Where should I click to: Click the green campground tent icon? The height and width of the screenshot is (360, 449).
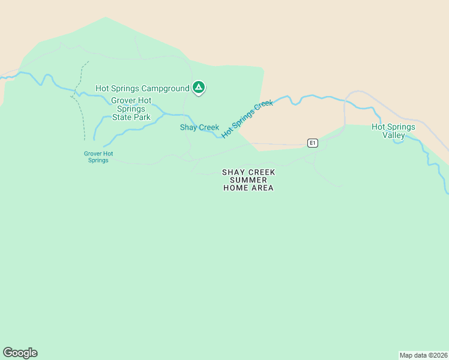click(199, 88)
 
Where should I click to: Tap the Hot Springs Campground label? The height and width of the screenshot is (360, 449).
click(142, 89)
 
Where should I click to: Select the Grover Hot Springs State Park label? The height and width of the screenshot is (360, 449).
click(131, 109)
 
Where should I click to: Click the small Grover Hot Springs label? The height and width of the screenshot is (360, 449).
click(98, 157)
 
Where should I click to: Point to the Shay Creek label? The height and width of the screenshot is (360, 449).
click(199, 127)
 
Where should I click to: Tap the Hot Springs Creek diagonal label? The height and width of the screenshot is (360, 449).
click(247, 119)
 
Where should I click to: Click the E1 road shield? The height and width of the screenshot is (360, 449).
click(312, 143)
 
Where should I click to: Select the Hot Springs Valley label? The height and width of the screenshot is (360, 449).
click(393, 131)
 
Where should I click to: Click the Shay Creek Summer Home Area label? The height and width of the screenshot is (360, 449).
click(249, 180)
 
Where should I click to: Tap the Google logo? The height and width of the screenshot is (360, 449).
click(20, 353)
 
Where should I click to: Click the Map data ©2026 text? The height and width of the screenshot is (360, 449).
click(423, 355)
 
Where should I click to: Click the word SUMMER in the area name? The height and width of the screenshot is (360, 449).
click(249, 180)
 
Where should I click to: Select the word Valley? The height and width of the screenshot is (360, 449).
click(394, 135)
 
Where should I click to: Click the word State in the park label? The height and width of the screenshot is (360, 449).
click(122, 117)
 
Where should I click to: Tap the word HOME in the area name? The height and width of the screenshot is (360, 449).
click(235, 188)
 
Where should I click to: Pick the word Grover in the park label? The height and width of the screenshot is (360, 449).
click(123, 100)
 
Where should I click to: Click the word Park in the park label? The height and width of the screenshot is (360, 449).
click(142, 117)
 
